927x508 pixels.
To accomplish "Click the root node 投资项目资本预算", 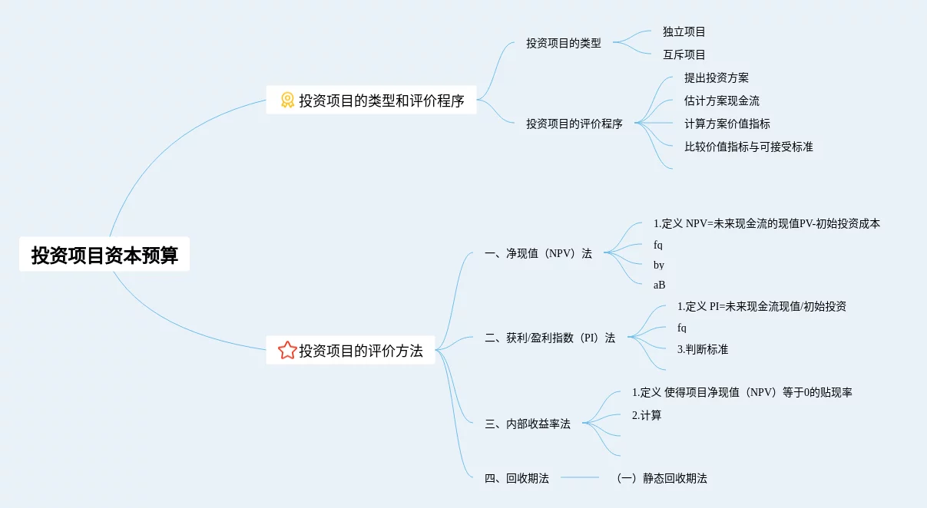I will pos(104,255).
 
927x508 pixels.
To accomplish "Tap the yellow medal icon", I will pos(287,100).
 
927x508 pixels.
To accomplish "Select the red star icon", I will pos(287,351).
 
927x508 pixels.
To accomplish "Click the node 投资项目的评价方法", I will pos(360,351).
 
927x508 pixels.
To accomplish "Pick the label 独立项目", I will pos(684,32).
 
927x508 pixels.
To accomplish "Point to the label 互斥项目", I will pos(684,55).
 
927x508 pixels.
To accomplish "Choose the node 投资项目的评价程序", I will pos(574,124).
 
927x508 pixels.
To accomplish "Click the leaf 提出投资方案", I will pos(716,78).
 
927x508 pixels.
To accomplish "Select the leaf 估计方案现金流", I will pos(721,101).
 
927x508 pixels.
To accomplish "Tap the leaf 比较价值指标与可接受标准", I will pos(748,147).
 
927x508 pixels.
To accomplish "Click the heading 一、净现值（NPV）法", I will pos(538,253).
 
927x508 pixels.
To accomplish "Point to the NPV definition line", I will pos(766,224).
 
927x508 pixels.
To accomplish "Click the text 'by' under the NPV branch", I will pos(659,265).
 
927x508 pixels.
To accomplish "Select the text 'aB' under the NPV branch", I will pos(659,285).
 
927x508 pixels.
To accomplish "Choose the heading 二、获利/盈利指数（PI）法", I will pos(550,338).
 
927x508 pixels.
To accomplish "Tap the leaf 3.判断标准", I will pos(702,349).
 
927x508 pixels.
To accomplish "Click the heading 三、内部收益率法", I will pos(528,424).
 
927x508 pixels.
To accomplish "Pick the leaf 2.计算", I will pos(646,415).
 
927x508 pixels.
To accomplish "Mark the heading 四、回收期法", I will pos(517,478).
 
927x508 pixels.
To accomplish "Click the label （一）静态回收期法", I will pos(661,478).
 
